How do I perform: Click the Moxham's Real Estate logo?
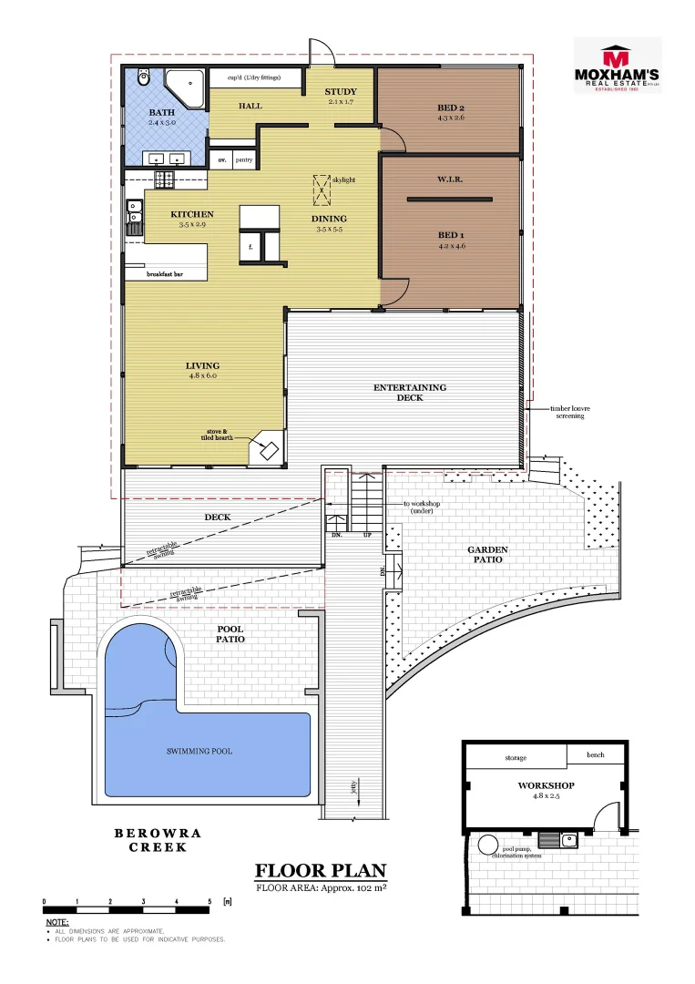pyautogui.click(x=617, y=66)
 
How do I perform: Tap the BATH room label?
pyautogui.click(x=162, y=113)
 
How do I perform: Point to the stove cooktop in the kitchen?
pyautogui.click(x=165, y=180)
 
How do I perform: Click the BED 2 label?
pyautogui.click(x=451, y=108)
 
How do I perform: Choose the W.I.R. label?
pyautogui.click(x=450, y=179)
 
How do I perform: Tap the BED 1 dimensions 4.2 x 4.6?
pyautogui.click(x=451, y=246)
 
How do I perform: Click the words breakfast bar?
pyautogui.click(x=166, y=273)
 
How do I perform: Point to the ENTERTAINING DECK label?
pyautogui.click(x=410, y=393)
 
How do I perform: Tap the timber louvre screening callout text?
pyautogui.click(x=570, y=413)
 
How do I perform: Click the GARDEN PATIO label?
pyautogui.click(x=487, y=555)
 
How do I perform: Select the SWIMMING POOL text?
pyautogui.click(x=199, y=752)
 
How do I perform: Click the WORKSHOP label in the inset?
pyautogui.click(x=545, y=784)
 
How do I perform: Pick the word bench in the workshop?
pyautogui.click(x=597, y=755)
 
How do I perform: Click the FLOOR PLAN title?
pyautogui.click(x=321, y=870)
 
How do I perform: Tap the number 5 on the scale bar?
pyautogui.click(x=210, y=901)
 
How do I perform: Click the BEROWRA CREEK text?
pyautogui.click(x=158, y=840)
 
